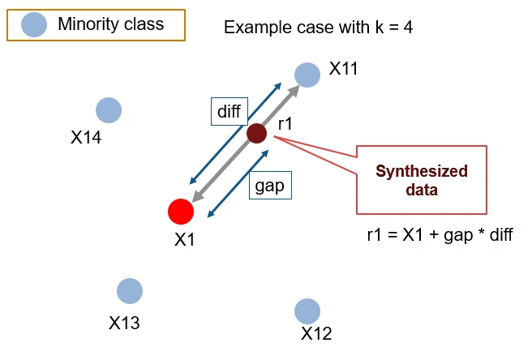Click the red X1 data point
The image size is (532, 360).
tap(181, 212)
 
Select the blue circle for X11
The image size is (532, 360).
tap(307, 75)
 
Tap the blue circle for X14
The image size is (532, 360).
tap(108, 110)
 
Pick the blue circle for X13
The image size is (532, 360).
tap(130, 291)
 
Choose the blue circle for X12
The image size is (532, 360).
tap(307, 311)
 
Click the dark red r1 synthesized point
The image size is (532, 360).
tap(256, 132)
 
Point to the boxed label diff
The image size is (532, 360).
tap(230, 112)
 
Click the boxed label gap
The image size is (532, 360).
tap(269, 186)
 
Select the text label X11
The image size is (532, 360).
tap(343, 69)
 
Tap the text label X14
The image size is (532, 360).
tap(86, 137)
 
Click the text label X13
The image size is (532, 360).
tap(124, 323)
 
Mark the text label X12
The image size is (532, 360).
tap(316, 333)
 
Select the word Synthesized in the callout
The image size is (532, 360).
tap(421, 171)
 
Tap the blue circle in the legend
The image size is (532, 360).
tap(33, 24)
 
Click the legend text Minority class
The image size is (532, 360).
tap(110, 24)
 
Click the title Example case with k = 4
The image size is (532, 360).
tap(320, 28)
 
